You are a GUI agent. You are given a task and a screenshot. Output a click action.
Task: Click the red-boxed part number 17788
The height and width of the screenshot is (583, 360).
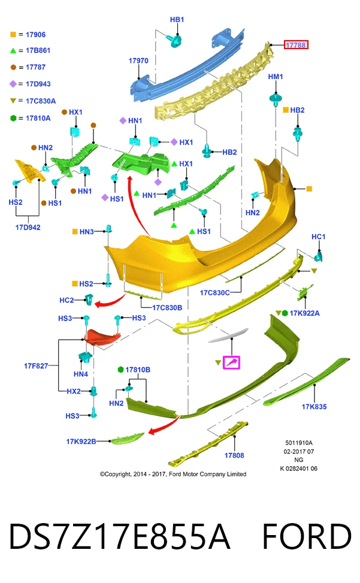tap(296, 45)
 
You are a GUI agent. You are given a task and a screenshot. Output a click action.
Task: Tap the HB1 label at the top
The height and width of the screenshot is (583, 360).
tap(177, 20)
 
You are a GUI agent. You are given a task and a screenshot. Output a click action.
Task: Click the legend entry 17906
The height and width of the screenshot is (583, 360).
tap(36, 35)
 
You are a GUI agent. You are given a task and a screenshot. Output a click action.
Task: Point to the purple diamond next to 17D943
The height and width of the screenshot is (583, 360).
tap(13, 84)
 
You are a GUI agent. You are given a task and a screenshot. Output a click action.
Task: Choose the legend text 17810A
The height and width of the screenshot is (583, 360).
tap(38, 118)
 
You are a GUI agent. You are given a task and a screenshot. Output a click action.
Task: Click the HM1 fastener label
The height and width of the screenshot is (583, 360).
tap(276, 77)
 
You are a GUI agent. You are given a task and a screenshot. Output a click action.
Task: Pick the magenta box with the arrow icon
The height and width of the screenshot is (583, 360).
tap(231, 363)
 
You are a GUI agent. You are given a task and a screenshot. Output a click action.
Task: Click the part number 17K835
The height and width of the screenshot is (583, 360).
tap(314, 407)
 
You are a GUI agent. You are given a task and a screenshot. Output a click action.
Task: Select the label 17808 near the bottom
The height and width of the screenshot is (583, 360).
tap(234, 455)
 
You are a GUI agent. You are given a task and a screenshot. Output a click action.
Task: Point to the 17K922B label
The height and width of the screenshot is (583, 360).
tap(81, 442)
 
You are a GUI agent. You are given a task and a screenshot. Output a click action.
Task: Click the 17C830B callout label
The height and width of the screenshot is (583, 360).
tap(167, 308)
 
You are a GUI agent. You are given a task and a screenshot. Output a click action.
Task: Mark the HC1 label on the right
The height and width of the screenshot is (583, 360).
tap(319, 237)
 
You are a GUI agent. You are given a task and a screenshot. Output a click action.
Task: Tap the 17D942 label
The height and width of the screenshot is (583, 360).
tap(28, 228)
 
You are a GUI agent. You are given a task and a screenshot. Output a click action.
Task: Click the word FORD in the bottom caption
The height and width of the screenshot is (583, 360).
tap(307, 536)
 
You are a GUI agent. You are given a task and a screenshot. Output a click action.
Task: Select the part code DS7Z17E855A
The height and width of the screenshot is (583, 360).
tap(119, 536)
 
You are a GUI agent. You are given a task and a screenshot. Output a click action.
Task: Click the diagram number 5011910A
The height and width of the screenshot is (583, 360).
tap(299, 443)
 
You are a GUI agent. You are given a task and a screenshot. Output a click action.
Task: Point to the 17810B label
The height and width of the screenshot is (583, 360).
tap(138, 370)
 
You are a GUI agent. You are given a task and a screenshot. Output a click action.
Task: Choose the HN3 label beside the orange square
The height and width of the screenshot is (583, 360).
tap(87, 232)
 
